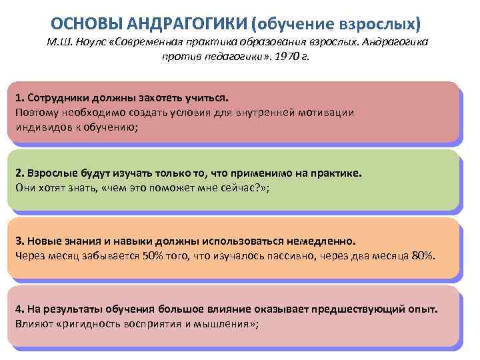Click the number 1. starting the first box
[x=19, y=99]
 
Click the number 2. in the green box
[x=19, y=173]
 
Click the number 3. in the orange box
[x=19, y=241]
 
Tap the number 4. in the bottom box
[x=19, y=310]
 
